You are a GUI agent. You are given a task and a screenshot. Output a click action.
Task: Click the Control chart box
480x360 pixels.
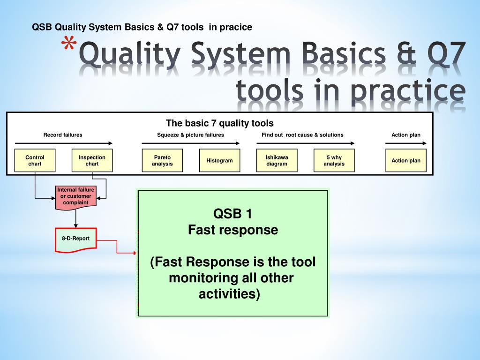(35, 160)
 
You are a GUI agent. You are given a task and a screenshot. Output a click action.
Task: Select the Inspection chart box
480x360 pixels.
(92, 160)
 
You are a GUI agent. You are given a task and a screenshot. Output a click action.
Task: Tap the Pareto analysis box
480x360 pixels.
(162, 160)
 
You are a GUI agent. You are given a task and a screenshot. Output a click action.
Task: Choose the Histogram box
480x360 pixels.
(219, 160)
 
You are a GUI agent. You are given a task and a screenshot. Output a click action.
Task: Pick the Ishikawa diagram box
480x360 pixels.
(277, 160)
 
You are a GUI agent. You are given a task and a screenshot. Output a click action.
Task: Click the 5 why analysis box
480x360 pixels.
(334, 160)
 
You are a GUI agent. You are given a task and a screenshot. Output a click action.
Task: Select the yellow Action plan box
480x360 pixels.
(406, 160)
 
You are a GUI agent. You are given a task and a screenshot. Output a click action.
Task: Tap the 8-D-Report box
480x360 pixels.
(75, 239)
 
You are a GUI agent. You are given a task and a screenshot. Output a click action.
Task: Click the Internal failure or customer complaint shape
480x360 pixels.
(75, 196)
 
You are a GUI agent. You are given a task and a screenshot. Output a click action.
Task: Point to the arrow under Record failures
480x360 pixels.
(64, 143)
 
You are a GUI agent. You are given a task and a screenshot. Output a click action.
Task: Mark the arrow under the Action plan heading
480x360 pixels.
(406, 143)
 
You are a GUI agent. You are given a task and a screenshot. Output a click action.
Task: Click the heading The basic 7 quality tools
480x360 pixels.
(219, 123)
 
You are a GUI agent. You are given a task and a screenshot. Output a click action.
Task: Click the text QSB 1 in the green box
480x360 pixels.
(233, 214)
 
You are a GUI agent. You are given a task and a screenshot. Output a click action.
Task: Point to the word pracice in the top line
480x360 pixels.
(237, 28)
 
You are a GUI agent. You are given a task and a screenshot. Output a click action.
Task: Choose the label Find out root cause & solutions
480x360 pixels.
(302, 135)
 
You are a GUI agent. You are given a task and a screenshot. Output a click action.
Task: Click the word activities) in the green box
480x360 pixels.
(229, 294)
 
